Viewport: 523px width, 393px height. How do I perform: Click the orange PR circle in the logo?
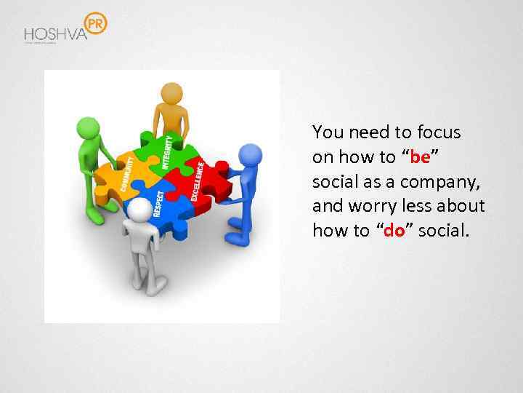95,24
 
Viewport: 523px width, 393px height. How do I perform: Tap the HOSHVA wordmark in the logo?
54,34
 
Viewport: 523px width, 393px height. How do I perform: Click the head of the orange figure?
171,92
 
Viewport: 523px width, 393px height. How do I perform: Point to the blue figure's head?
250,155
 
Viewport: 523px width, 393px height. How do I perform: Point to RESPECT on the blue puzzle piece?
158,203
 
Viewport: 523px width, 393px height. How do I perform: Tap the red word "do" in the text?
394,231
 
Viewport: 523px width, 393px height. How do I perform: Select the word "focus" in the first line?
440,132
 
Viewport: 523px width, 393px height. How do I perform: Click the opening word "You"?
328,132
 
